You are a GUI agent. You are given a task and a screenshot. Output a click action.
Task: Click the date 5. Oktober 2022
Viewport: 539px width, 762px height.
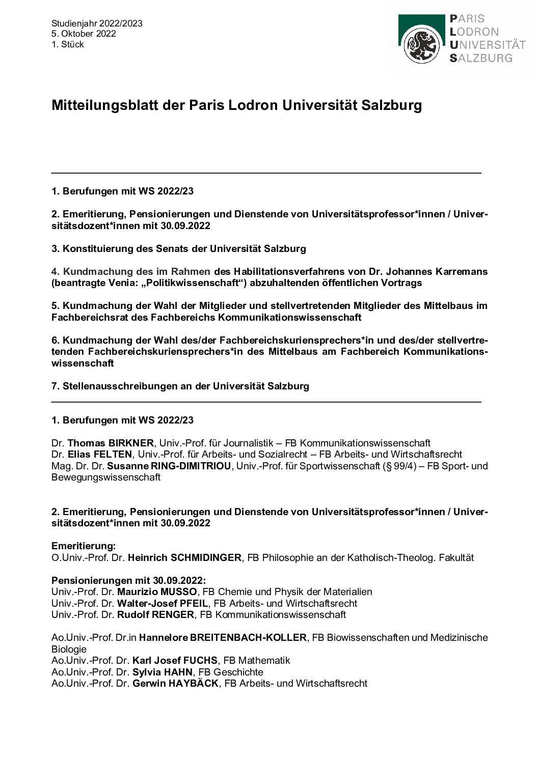pos(84,34)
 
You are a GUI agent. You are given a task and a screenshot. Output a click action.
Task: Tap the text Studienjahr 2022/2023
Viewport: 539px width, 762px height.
pos(97,23)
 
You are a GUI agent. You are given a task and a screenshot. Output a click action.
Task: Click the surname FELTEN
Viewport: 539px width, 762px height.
pos(113,454)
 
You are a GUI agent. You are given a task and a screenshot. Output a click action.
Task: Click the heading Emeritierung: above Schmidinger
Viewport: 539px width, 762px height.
pos(84,546)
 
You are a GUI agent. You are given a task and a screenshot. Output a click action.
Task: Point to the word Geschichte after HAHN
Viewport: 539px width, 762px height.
pos(238,672)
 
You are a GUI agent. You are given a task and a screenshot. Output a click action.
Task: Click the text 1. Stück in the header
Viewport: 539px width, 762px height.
pos(67,44)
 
